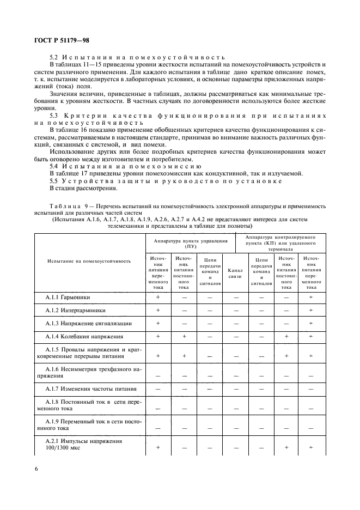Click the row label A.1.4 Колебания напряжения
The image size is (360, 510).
(x=83, y=337)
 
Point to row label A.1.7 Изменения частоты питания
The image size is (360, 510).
(x=90, y=389)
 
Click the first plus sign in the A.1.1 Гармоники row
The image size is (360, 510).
(x=158, y=297)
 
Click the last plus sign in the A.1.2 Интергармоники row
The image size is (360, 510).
(x=311, y=310)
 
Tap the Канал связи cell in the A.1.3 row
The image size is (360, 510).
(x=235, y=323)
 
